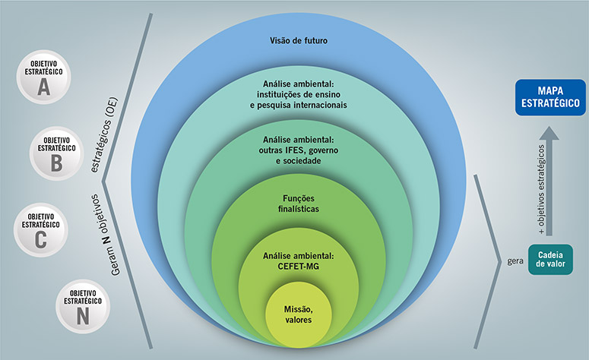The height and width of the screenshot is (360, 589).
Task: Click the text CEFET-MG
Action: coord(298,264)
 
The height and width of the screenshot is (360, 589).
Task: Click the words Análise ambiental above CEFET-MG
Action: coord(298,254)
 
